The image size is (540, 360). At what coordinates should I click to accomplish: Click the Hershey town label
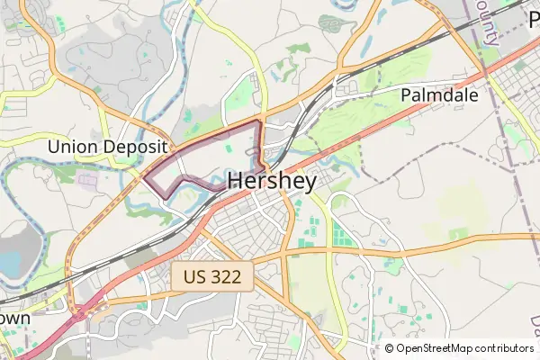(272, 182)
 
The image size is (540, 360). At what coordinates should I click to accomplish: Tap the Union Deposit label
(108, 147)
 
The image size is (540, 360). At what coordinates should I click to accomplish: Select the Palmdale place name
(438, 94)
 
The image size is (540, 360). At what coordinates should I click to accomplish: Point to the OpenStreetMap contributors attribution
(459, 348)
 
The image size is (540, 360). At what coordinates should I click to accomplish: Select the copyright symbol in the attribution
(389, 348)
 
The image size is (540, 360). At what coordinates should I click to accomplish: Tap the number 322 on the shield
(225, 276)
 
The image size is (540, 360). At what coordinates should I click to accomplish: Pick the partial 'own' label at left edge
(14, 318)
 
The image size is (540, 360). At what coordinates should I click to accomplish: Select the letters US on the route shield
(192, 276)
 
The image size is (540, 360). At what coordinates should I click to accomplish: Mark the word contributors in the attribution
(500, 348)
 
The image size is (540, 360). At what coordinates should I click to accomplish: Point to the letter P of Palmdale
(406, 94)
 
